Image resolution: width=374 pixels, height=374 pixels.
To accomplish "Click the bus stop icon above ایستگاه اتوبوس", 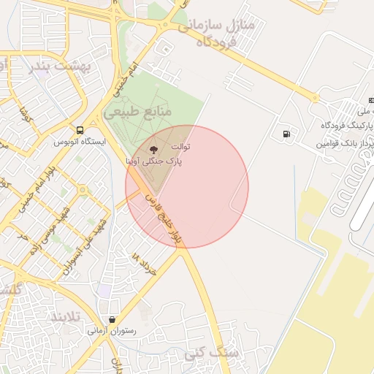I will [79, 130].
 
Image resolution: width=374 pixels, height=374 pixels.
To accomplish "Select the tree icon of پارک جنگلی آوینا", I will [162, 150].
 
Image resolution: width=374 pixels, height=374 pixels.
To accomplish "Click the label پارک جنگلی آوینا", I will [154, 161].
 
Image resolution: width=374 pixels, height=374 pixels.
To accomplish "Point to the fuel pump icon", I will [286, 134].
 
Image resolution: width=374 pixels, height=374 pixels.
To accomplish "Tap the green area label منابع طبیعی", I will [137, 112].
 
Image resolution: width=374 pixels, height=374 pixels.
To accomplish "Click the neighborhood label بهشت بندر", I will [61, 66].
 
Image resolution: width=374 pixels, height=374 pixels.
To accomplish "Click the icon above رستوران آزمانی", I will [112, 319].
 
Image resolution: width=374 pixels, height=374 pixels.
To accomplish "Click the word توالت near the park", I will [180, 147].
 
